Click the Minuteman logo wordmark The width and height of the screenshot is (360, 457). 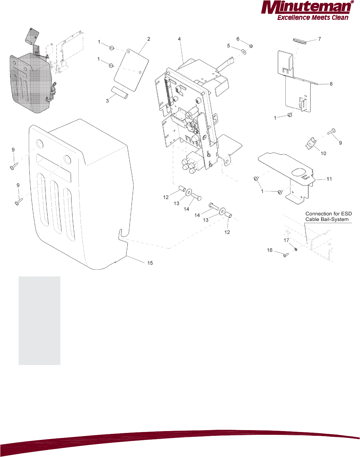pos(306,8)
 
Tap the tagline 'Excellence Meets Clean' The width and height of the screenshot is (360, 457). pos(313,18)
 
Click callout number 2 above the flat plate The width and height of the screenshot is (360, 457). pos(149,39)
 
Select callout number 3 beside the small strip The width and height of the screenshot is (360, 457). pos(107,101)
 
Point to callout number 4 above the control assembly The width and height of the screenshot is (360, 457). pos(179,39)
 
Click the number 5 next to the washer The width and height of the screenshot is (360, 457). pos(229,46)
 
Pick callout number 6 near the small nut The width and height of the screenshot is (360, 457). pos(238,39)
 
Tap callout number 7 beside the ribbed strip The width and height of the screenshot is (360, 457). pos(320,39)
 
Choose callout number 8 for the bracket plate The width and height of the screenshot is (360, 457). pos(331,84)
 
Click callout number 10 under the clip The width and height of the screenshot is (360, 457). pos(323,153)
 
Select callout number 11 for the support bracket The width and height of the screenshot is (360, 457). pos(329,179)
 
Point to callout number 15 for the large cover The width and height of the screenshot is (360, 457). pos(150,263)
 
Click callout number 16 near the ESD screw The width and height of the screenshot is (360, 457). pos(270,250)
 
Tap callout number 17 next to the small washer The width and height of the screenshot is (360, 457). pos(286,240)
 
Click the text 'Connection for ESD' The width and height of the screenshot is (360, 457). pos(328,214)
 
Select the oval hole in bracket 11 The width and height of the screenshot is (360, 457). pos(298,172)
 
